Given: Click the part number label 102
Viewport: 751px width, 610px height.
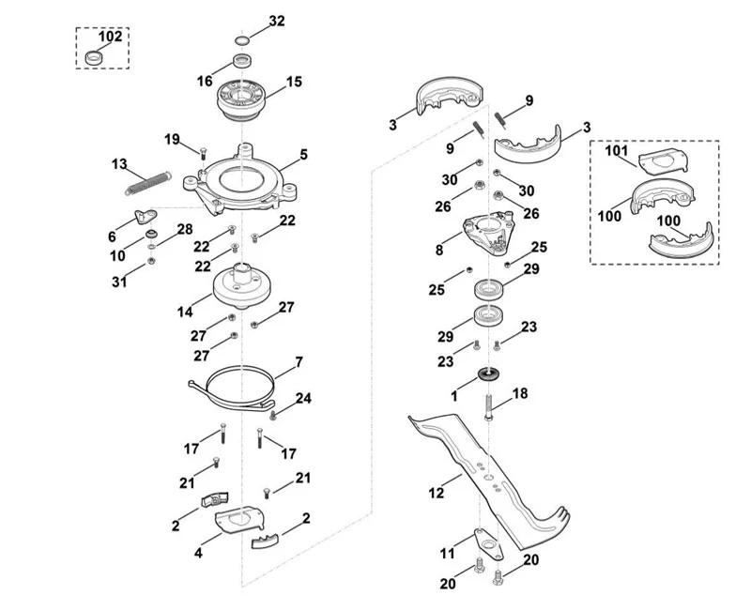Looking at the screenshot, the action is [x=110, y=37].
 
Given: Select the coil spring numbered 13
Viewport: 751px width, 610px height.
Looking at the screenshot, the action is [x=147, y=183].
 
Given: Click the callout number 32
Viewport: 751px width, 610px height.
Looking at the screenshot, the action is [x=277, y=21].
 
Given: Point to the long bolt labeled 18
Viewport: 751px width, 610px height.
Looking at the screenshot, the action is [x=488, y=407].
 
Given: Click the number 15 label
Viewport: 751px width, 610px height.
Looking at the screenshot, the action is [x=294, y=82].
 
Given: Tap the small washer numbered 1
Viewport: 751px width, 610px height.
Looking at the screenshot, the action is [x=488, y=374].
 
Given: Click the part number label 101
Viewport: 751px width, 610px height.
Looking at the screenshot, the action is [x=616, y=151].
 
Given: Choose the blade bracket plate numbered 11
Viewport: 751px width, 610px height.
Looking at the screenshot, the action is [x=488, y=544].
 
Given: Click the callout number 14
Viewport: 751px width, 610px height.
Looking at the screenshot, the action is [x=185, y=313].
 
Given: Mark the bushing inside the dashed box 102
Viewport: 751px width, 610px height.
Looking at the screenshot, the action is [x=93, y=57].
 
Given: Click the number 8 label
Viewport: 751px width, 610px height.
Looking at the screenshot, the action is [x=439, y=250].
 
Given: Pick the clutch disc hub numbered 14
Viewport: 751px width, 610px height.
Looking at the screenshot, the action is [x=242, y=285].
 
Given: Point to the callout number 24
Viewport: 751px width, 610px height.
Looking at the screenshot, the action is [x=303, y=398].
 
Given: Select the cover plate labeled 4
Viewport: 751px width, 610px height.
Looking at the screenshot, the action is [x=239, y=519].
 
